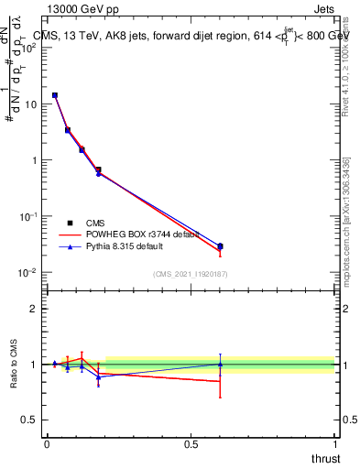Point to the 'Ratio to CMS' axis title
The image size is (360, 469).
click(x=15, y=365)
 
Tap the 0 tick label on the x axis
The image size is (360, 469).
click(x=47, y=443)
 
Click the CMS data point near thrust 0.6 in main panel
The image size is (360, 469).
click(x=220, y=246)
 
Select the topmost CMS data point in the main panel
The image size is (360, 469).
click(x=55, y=95)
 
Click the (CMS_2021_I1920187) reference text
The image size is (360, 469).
click(x=190, y=274)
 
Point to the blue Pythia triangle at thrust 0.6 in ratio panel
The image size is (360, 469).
click(x=220, y=364)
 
